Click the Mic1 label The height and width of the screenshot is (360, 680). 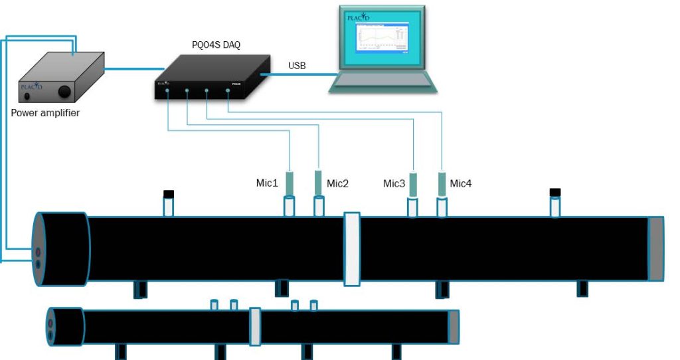[267, 183]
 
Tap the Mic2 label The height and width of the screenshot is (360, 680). [337, 183]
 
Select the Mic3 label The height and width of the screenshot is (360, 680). [394, 183]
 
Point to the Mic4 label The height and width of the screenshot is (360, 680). [461, 183]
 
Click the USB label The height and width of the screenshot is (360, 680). [297, 66]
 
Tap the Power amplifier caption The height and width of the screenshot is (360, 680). [45, 113]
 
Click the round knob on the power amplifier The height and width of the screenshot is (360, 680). [65, 91]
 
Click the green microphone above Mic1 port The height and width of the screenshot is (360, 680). [290, 183]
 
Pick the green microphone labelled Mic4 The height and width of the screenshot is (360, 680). [442, 183]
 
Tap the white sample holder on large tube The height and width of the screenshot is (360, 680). [352, 249]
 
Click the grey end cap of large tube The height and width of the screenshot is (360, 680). [655, 248]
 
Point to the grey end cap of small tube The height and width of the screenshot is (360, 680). [454, 327]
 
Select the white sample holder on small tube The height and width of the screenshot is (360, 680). [254, 326]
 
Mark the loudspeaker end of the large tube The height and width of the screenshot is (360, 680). [61, 248]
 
